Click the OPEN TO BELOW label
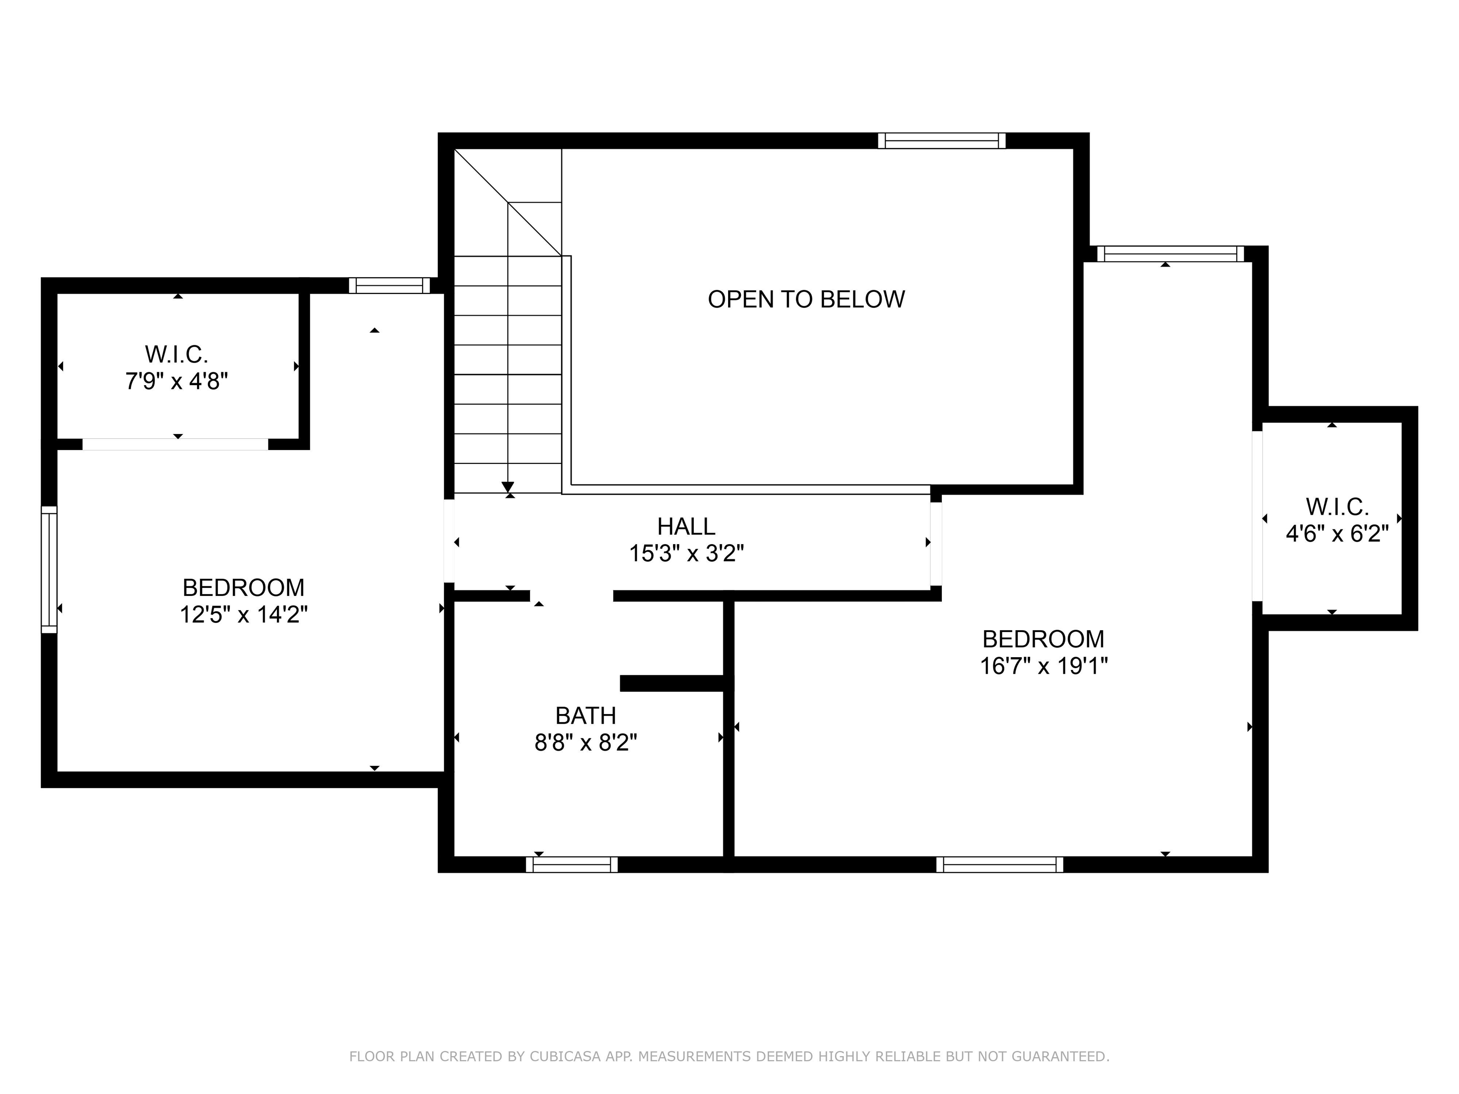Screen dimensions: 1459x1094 [x=806, y=300]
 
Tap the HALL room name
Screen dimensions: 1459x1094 [x=686, y=526]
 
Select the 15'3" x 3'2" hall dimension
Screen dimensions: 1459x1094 [x=686, y=553]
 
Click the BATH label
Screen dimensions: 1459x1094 [x=586, y=716]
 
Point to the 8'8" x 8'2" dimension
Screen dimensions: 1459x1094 [x=586, y=743]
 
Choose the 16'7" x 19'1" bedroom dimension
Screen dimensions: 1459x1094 [x=1043, y=666]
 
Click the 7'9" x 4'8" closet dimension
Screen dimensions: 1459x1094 [x=177, y=381]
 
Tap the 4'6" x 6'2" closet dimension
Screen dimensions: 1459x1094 [x=1337, y=534]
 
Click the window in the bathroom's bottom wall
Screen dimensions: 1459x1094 [x=572, y=865]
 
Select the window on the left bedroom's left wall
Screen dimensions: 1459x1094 [x=49, y=570]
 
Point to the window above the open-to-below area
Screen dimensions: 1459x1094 [x=942, y=141]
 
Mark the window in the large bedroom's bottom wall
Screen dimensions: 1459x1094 [x=1000, y=865]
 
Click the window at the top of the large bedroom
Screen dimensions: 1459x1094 [x=1171, y=254]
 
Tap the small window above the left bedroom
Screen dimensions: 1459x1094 [x=389, y=285]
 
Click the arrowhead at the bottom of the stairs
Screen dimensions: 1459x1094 [x=508, y=487]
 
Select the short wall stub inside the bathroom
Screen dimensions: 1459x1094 [x=673, y=683]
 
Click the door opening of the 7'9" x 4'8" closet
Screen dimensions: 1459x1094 [x=175, y=444]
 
